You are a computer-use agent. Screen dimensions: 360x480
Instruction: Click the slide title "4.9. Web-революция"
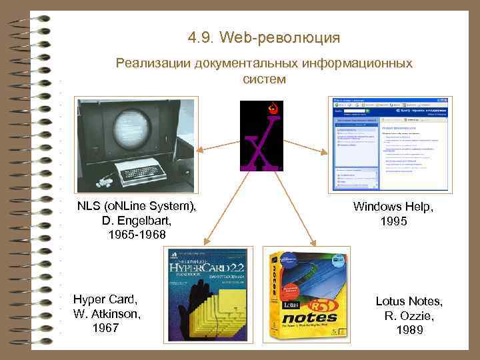pos(264,37)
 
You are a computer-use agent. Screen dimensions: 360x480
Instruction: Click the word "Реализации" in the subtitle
pos(153,63)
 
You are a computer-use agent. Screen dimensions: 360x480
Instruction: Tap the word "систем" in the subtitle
pos(264,79)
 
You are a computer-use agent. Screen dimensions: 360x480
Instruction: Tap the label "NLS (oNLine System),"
pos(137,207)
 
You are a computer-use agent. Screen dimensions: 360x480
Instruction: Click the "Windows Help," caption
pos(393,207)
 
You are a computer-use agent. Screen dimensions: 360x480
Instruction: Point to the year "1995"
pos(393,221)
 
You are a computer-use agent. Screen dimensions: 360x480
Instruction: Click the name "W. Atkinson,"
pos(107,313)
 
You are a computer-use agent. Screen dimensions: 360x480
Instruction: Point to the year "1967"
pos(107,327)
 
